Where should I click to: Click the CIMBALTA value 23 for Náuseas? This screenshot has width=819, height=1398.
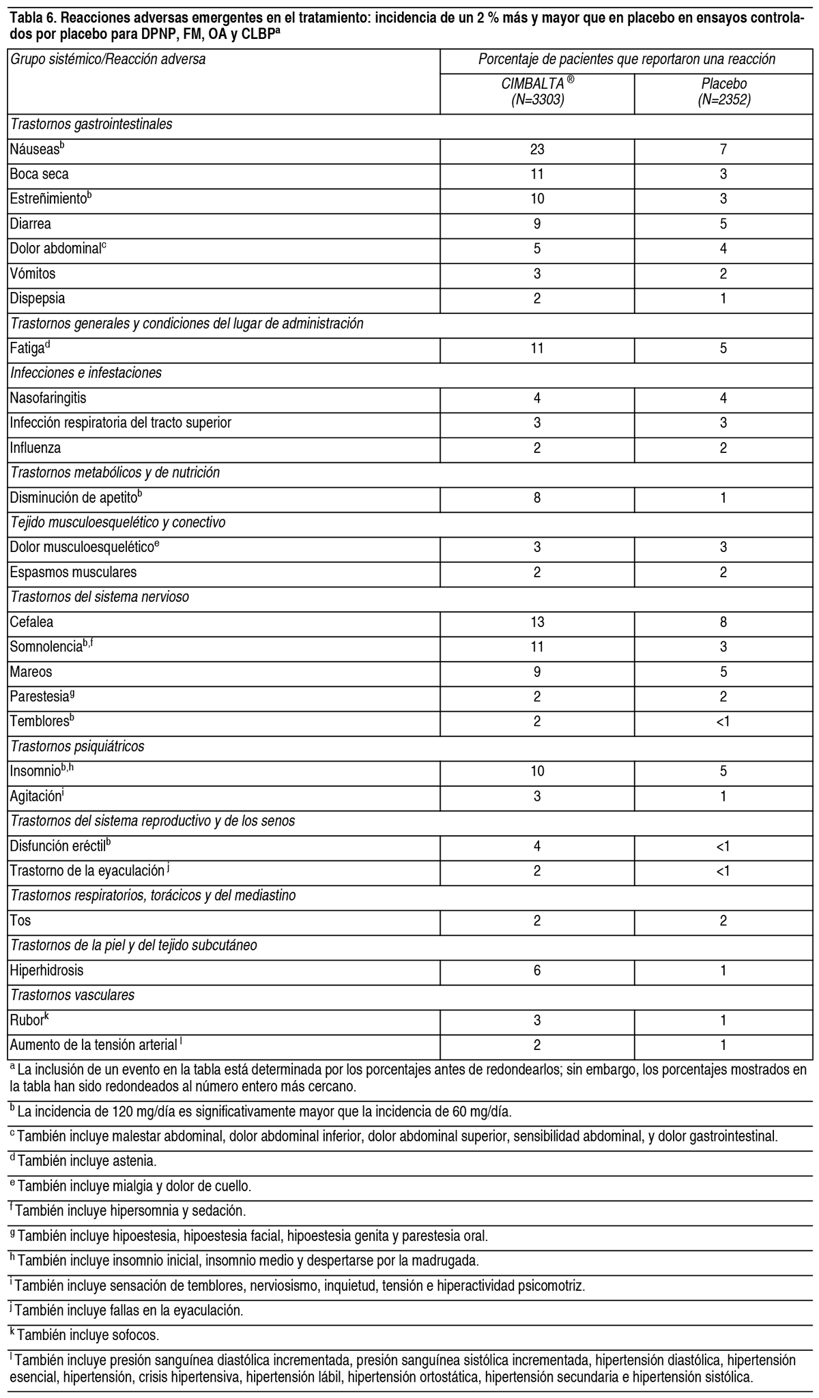(x=537, y=149)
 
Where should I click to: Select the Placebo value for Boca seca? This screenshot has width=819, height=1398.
(x=723, y=174)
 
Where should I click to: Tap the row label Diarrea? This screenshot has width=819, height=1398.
(x=31, y=224)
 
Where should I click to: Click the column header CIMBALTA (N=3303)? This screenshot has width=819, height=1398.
(x=537, y=91)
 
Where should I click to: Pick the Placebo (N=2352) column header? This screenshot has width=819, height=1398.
(x=723, y=91)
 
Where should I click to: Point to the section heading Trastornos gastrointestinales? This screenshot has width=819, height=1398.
(x=91, y=124)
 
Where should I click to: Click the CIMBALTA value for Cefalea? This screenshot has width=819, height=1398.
(x=537, y=622)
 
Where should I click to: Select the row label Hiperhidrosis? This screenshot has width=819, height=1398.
(x=46, y=970)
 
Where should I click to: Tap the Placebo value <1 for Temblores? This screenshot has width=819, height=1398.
(x=723, y=721)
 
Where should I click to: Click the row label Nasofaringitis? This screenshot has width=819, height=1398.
(x=48, y=398)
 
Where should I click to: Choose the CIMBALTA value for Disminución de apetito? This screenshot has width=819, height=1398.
(x=537, y=498)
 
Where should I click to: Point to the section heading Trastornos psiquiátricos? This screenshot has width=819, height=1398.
(x=77, y=746)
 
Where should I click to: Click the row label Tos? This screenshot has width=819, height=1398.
(x=20, y=920)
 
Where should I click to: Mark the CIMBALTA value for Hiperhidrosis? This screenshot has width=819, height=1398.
(x=537, y=970)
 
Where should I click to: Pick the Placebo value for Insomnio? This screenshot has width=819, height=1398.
(x=723, y=771)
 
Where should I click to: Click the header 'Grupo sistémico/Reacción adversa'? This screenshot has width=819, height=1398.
(x=108, y=59)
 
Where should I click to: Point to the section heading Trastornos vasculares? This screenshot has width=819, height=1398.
(x=72, y=995)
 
